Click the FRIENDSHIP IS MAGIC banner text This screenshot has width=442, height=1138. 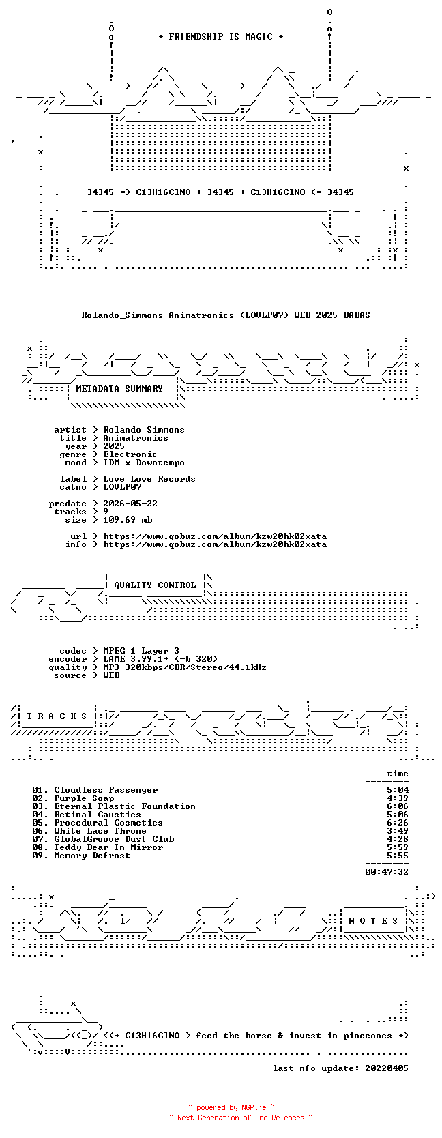coord(221,37)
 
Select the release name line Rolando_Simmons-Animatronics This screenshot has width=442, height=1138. coord(226,315)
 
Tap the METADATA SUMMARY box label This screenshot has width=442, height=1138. coord(119,389)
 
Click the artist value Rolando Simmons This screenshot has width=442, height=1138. coord(144,430)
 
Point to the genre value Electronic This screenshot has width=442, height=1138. coord(130,454)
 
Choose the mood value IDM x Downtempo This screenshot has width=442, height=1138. coord(144,463)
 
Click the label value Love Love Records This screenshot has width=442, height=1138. coord(149,478)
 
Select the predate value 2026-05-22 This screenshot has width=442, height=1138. coord(130,504)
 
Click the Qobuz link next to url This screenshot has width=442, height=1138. coord(215,536)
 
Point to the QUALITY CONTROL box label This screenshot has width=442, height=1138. coord(155,585)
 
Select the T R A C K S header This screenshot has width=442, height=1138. coord(57,716)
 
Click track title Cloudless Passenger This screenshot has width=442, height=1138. coord(106,790)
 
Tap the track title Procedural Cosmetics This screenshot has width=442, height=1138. coord(108,823)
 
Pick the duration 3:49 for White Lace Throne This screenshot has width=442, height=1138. coord(397,830)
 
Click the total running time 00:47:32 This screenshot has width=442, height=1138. coord(387,872)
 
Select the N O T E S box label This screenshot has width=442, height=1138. coord(373,921)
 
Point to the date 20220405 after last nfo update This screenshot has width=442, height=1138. coord(387,1068)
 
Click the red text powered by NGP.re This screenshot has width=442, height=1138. coord(231,1107)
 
